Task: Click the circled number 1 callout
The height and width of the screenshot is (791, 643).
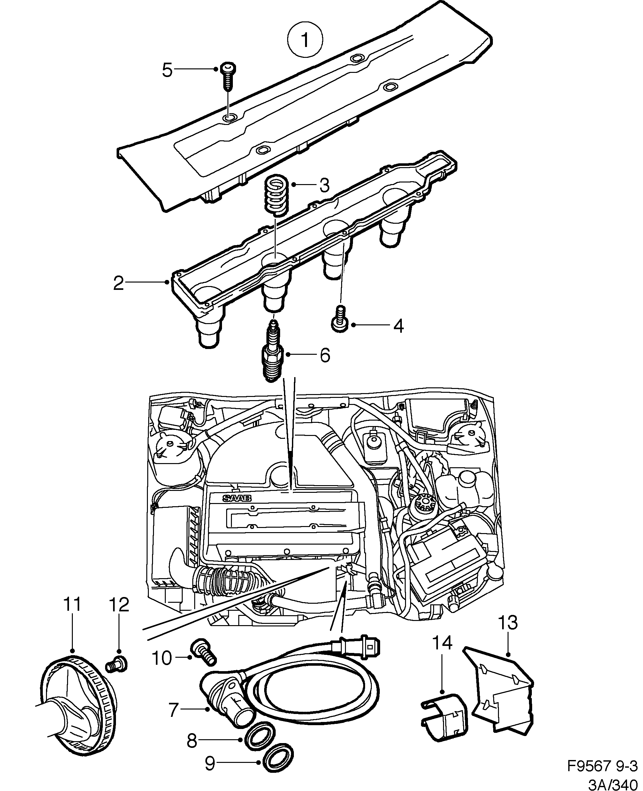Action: click(x=305, y=40)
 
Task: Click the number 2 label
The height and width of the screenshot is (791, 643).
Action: click(x=118, y=283)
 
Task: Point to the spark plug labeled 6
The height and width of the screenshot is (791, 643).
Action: click(x=273, y=352)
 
